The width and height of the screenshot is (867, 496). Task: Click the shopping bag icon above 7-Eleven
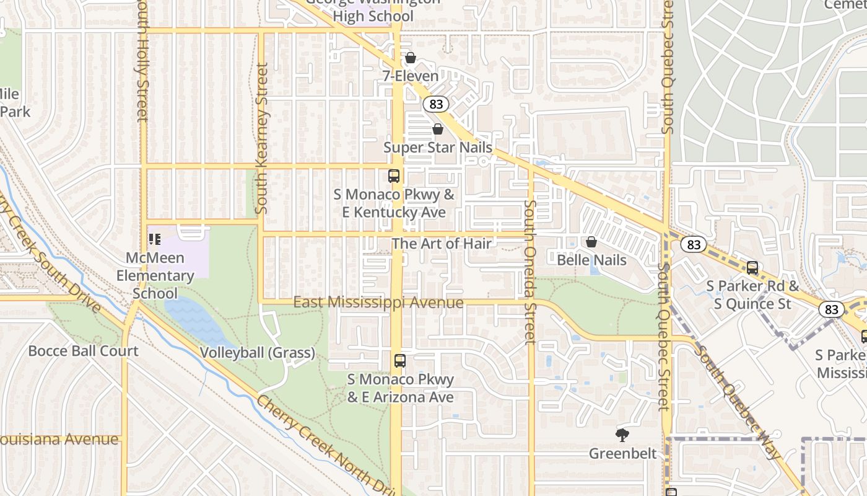[x=410, y=58]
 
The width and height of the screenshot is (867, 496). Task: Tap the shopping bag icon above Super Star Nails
[x=438, y=129]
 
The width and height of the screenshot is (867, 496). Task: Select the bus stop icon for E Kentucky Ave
[x=394, y=175]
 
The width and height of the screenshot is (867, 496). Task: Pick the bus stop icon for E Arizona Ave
[x=400, y=360]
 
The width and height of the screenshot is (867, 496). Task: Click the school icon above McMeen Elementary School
[x=154, y=239]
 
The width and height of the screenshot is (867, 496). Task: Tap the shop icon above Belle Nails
[x=591, y=242]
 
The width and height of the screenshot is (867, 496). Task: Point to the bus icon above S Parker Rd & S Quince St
[x=752, y=268]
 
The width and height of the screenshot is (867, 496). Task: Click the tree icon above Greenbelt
[x=622, y=435]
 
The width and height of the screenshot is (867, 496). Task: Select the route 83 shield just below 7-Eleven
[x=436, y=104]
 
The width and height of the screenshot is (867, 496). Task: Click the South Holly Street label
[x=142, y=62]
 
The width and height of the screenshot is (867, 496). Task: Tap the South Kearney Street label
[x=261, y=138]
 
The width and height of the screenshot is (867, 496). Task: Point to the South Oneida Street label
[x=530, y=272]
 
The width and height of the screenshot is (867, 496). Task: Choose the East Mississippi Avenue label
[x=378, y=303]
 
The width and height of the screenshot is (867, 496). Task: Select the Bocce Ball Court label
[x=84, y=351]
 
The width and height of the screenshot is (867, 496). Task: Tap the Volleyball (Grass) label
[x=257, y=353]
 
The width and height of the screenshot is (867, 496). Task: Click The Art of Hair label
[x=442, y=244]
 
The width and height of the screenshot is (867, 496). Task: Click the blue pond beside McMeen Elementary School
[x=196, y=316]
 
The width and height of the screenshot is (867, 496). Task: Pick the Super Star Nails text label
[x=438, y=148]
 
